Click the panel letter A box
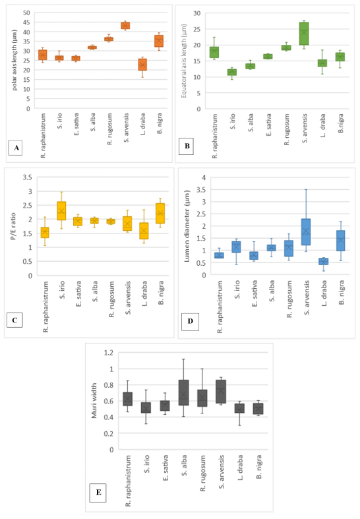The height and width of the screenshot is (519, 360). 15,148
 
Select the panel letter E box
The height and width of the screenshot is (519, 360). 98,492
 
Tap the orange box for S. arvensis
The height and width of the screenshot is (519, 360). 125,26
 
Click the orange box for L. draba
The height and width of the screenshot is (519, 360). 142,65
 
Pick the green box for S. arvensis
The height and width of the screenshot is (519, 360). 304,34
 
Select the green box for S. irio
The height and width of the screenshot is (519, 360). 232,72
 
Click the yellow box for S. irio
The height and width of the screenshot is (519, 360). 61,211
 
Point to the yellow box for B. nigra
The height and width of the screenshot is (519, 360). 160,214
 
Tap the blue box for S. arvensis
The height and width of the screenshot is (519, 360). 306,232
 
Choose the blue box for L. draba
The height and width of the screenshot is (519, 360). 324,261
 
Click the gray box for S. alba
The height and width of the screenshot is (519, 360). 184,392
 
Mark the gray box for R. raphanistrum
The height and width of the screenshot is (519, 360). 128,399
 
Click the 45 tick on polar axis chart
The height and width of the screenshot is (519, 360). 26,22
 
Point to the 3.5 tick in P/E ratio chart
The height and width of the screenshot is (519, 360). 28,177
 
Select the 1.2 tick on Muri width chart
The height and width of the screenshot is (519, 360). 109,353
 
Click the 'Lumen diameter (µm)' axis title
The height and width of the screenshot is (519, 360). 187,226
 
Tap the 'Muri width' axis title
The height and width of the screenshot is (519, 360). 94,401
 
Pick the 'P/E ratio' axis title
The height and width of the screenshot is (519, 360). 13,226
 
